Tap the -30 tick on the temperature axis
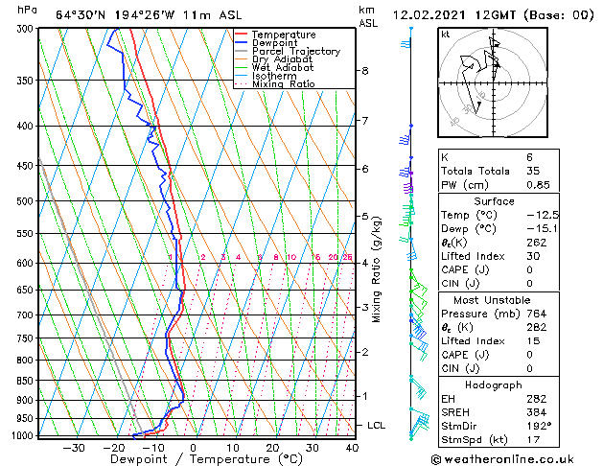click(x=74, y=447)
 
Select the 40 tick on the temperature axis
click(x=352, y=447)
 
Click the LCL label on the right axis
click(x=377, y=425)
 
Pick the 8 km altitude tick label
click(x=364, y=71)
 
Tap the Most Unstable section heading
click(x=494, y=299)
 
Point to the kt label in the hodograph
click(x=446, y=35)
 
